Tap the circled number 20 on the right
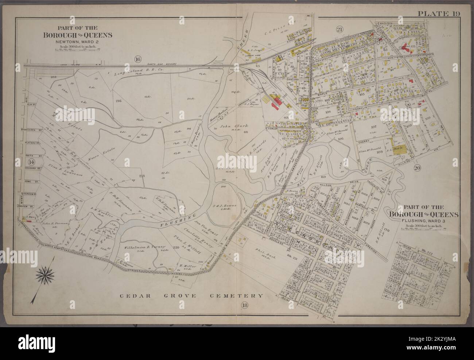click(x=418, y=168)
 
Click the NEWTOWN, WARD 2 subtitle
click(x=78, y=42)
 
